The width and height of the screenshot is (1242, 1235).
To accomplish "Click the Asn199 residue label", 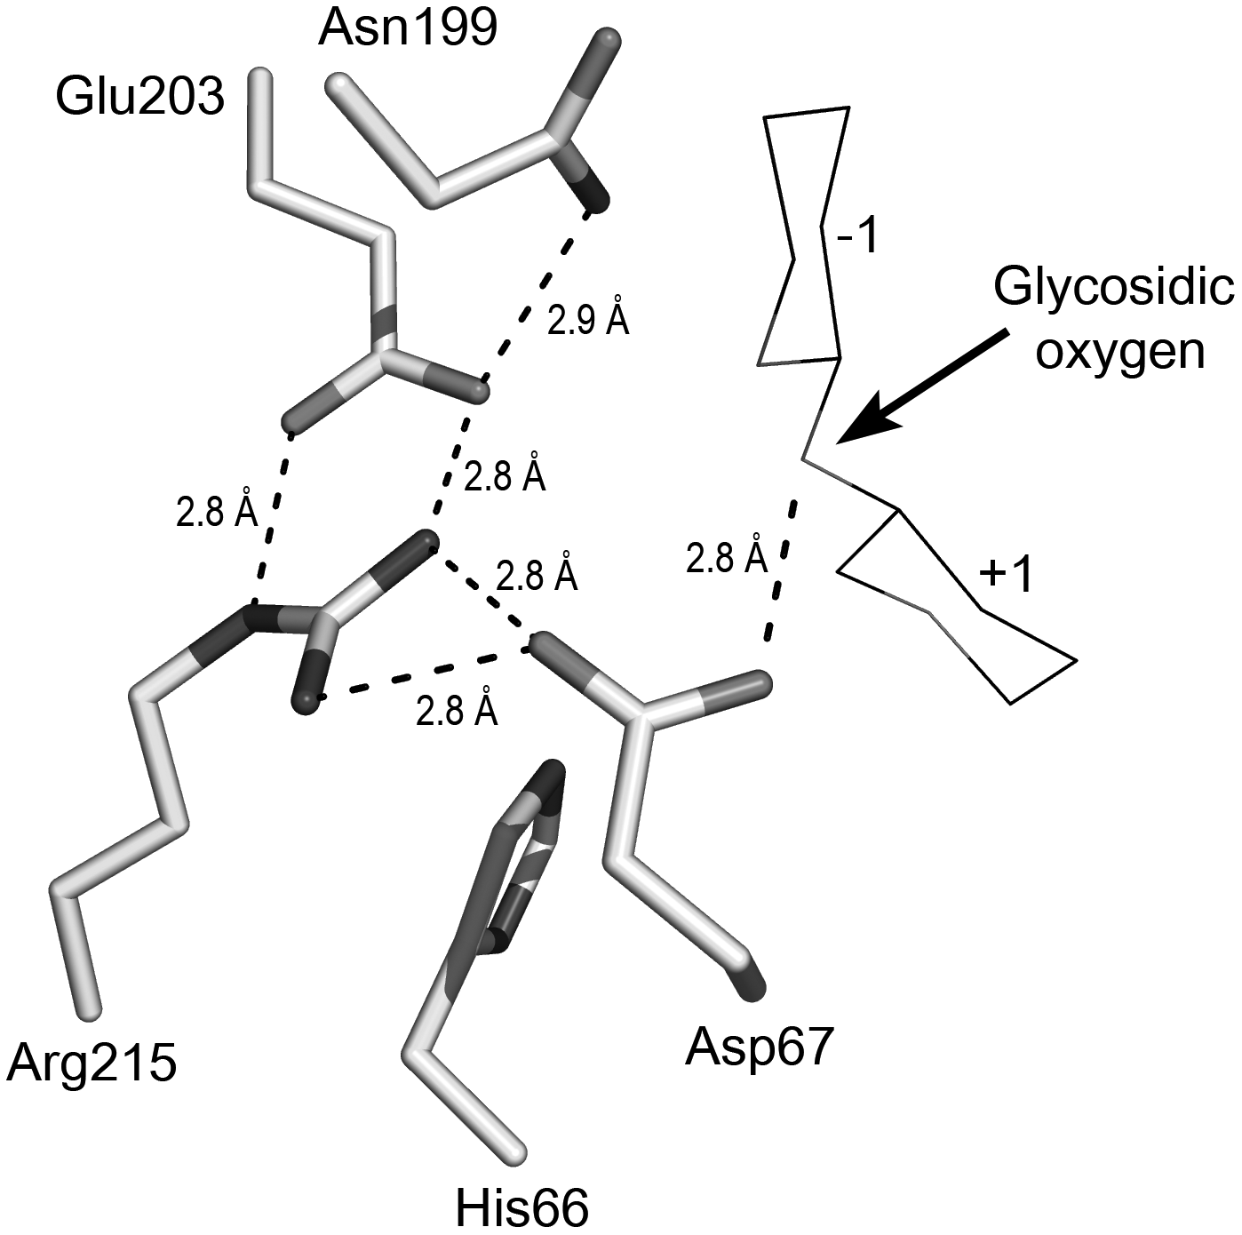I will (408, 29).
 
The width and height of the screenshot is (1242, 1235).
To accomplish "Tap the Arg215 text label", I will (92, 1063).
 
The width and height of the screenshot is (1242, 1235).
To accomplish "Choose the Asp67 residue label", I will (760, 1048).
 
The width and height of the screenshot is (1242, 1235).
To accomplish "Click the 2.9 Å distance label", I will (588, 322).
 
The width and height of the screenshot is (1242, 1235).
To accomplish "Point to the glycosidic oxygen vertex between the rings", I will (805, 458).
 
